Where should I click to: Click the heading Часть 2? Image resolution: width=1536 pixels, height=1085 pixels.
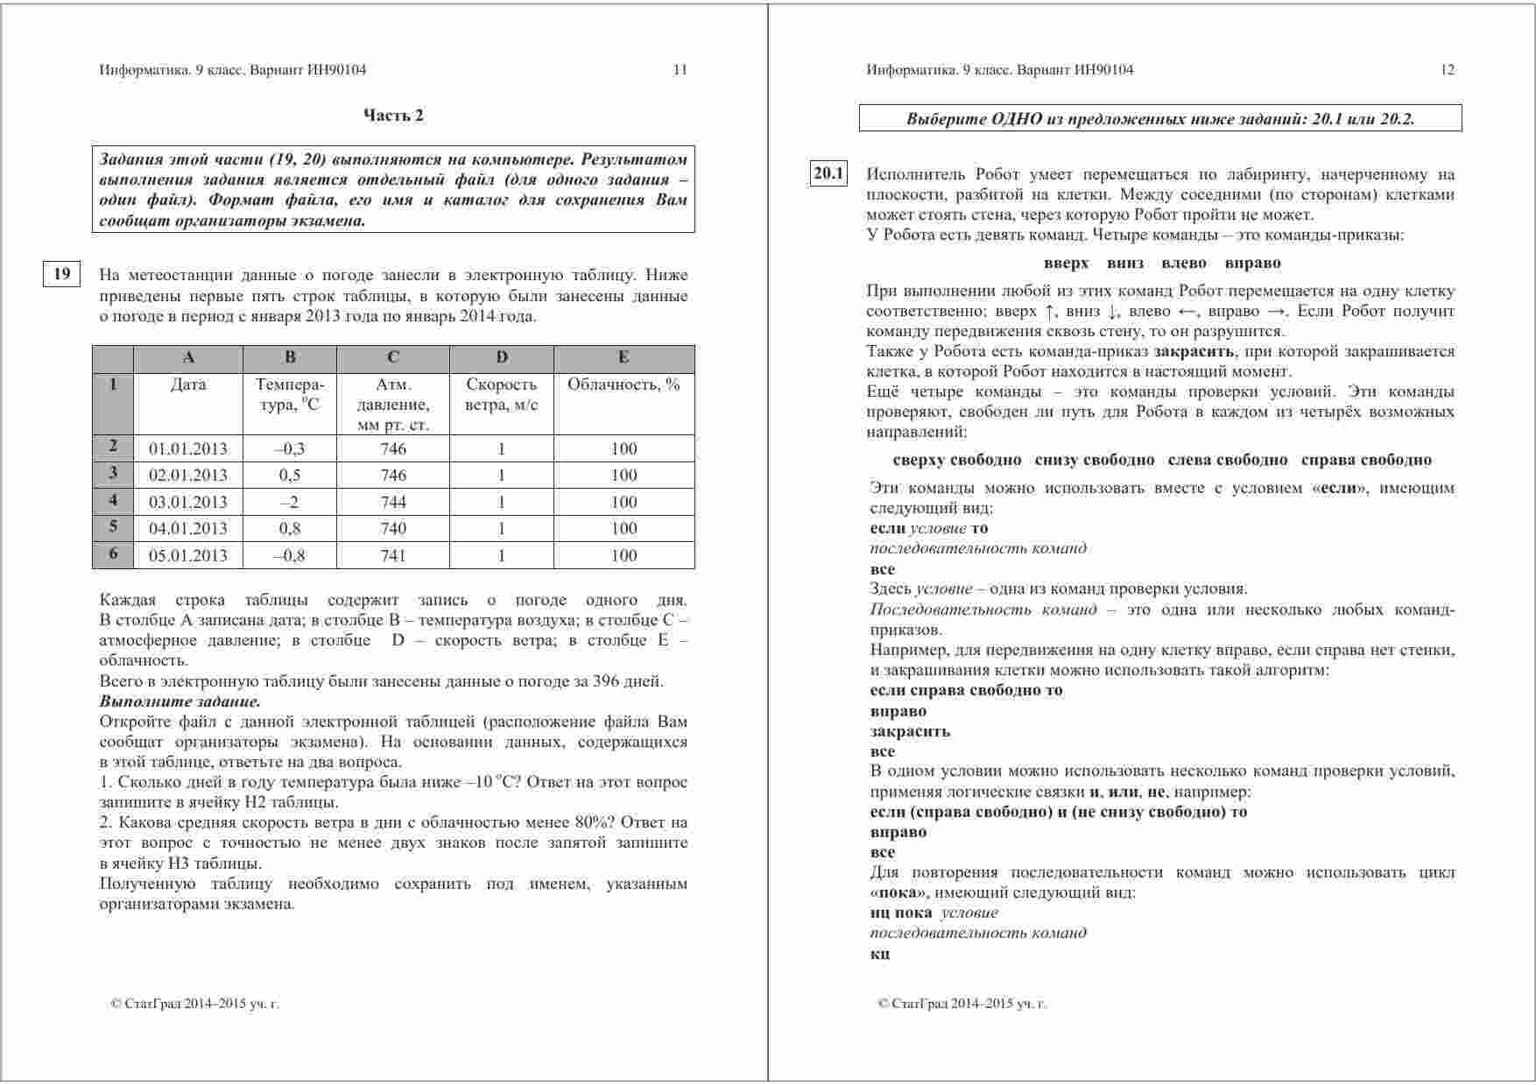pyautogui.click(x=393, y=116)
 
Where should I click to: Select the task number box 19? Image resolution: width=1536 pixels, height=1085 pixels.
pyautogui.click(x=62, y=275)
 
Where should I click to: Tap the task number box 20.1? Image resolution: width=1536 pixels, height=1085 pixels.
pyautogui.click(x=828, y=174)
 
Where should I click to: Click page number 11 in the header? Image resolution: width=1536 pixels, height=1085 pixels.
pyautogui.click(x=680, y=70)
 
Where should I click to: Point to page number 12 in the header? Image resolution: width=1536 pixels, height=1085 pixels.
pyautogui.click(x=1447, y=70)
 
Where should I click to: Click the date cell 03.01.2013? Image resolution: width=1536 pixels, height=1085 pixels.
pyautogui.click(x=187, y=502)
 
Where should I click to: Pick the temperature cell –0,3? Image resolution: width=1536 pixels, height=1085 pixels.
pyautogui.click(x=289, y=448)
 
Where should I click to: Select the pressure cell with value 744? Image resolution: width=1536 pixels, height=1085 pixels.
pyautogui.click(x=393, y=502)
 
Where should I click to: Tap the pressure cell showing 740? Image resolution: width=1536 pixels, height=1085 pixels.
pyautogui.click(x=393, y=528)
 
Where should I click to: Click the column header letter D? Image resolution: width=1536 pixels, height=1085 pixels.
pyautogui.click(x=501, y=357)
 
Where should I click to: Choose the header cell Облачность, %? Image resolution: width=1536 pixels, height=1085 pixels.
pyautogui.click(x=624, y=384)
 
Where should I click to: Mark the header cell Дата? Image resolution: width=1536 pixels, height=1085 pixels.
pyautogui.click(x=187, y=384)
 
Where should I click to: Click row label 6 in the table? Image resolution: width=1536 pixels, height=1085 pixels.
pyautogui.click(x=113, y=554)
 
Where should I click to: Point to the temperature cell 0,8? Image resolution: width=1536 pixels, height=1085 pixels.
pyautogui.click(x=289, y=528)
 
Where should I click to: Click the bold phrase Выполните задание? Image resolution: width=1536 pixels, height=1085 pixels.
pyautogui.click(x=180, y=701)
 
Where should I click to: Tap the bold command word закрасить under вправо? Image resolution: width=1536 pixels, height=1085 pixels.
pyautogui.click(x=910, y=731)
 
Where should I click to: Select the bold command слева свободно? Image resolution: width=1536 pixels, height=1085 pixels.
pyautogui.click(x=1228, y=460)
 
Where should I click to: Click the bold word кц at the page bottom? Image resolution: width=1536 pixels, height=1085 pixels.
pyautogui.click(x=879, y=953)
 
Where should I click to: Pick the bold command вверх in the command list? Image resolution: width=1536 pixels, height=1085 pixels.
pyautogui.click(x=1066, y=263)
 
